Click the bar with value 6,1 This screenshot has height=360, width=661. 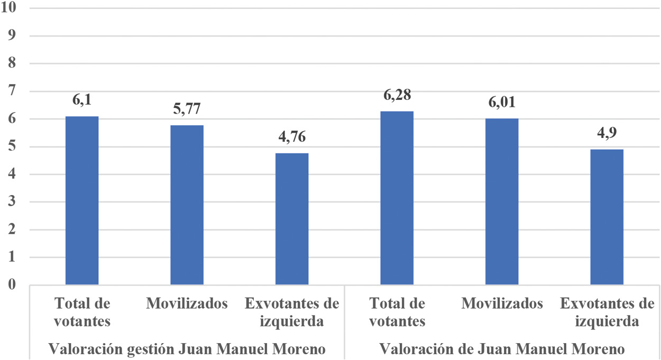[82, 201]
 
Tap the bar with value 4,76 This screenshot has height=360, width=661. [292, 219]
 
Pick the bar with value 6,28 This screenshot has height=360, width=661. [397, 198]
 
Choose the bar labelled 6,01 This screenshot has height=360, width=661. [502, 202]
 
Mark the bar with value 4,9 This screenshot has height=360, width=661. [607, 217]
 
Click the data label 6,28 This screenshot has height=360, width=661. [397, 96]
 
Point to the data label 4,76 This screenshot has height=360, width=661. [292, 137]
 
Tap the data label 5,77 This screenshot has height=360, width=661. [187, 109]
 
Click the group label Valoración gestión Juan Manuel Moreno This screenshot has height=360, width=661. [187, 349]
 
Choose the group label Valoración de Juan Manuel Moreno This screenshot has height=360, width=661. [502, 349]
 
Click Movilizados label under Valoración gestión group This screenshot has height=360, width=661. [187, 304]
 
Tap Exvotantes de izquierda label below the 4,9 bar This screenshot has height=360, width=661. [607, 312]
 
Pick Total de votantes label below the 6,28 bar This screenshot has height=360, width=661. [397, 312]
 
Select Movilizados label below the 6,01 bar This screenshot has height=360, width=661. [502, 304]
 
